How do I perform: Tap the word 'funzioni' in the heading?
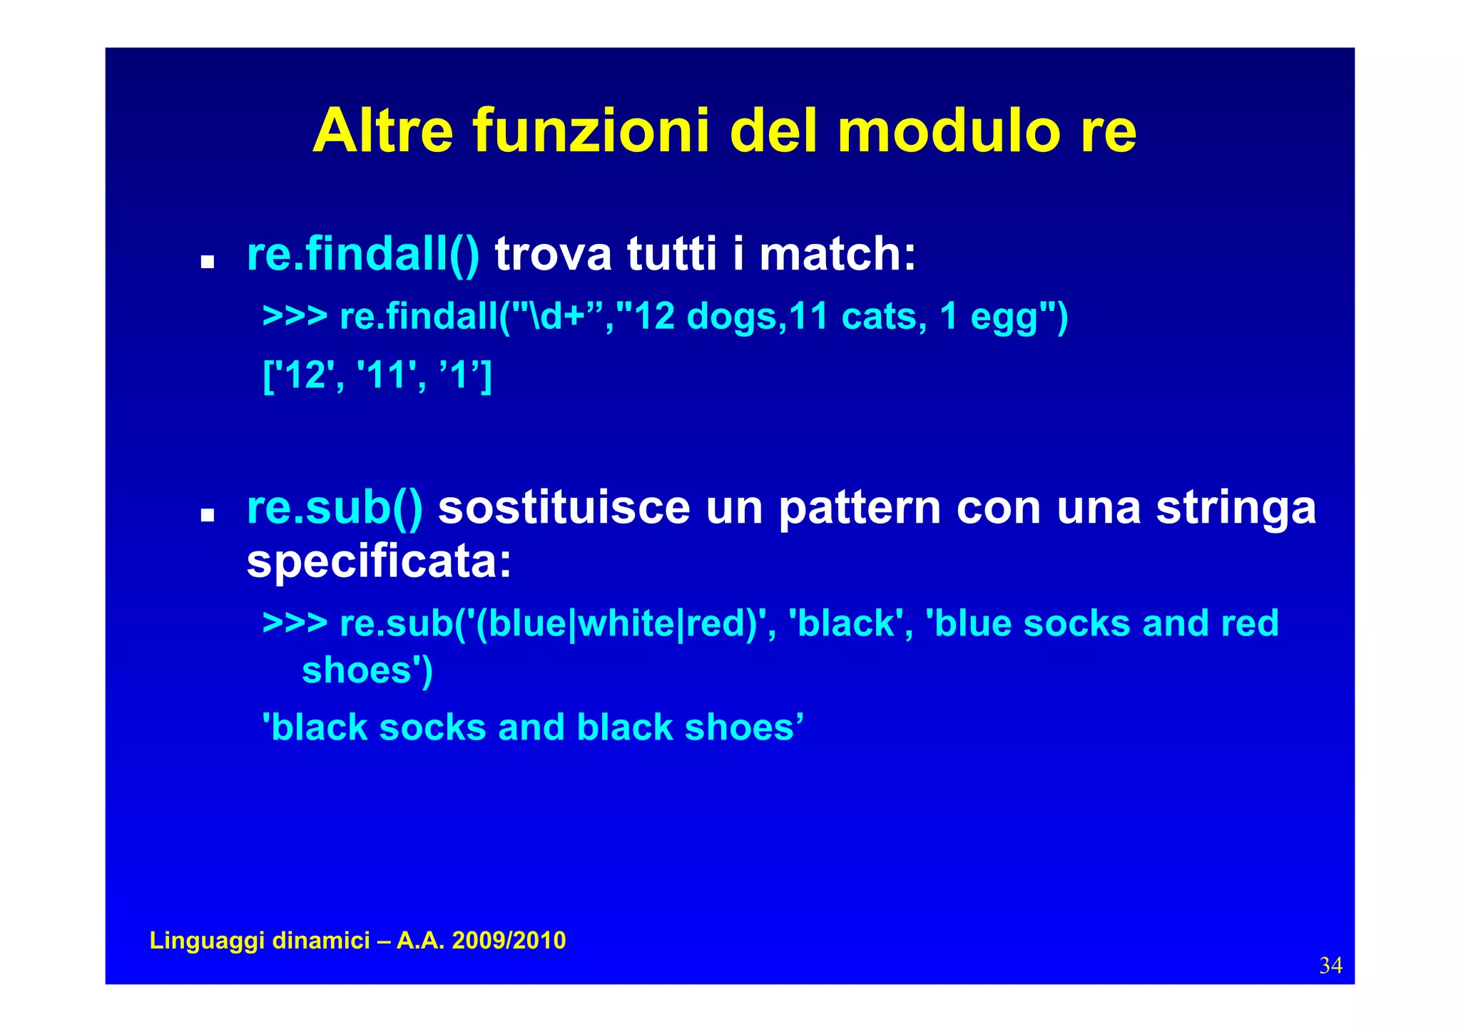591,131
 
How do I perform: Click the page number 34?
1330,966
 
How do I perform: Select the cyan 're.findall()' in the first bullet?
363,254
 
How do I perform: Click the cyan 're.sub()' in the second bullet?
335,508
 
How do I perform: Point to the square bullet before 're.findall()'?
208,262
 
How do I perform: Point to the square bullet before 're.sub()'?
208,516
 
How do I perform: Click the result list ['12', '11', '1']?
377,374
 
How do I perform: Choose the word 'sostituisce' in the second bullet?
564,508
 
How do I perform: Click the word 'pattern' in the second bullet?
859,508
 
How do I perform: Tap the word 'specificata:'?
379,562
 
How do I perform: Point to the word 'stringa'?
1236,508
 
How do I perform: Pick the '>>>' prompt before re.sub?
295,623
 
